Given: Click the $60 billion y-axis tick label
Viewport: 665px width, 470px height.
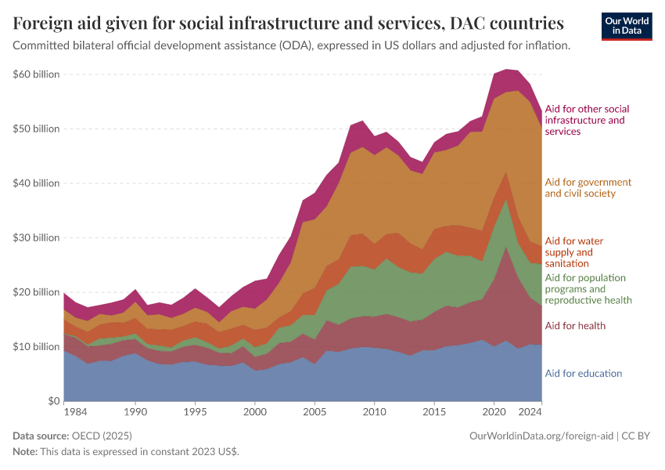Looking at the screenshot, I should tap(36, 74).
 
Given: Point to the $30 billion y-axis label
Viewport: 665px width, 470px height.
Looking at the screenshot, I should tap(36, 237).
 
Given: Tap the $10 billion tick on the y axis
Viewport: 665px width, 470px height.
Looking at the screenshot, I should tap(36, 346).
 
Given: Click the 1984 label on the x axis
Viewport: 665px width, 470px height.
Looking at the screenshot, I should tap(76, 411).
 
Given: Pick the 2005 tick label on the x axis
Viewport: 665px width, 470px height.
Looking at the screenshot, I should tap(315, 411).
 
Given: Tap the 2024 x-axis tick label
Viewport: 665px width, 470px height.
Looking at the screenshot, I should tap(530, 411).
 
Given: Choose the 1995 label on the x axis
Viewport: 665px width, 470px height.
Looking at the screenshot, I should tap(195, 411).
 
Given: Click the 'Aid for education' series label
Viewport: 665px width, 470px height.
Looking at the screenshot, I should tap(583, 374).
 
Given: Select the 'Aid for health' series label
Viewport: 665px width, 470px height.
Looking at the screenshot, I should tap(575, 326).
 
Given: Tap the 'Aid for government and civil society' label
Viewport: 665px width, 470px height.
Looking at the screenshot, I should tap(588, 188).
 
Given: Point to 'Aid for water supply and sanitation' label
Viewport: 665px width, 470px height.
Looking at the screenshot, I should tap(573, 252).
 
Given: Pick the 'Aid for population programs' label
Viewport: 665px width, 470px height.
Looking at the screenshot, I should tap(588, 289).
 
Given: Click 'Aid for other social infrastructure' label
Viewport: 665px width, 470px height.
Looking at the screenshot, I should tap(587, 120).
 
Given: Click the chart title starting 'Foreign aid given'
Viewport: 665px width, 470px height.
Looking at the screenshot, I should tap(288, 23).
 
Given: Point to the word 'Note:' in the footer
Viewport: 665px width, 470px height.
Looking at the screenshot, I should tap(26, 452).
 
